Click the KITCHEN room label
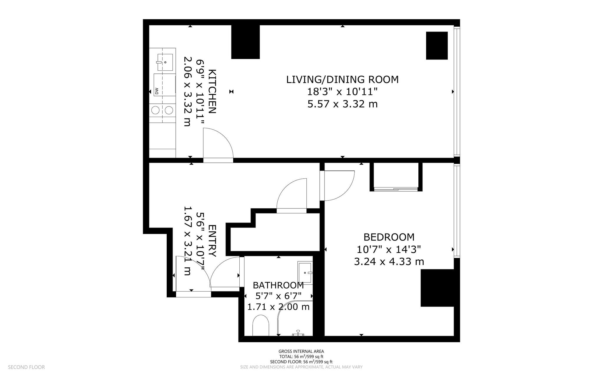(x=212, y=91)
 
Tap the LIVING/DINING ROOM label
(x=342, y=80)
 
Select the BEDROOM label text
(x=389, y=237)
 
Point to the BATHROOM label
(x=278, y=285)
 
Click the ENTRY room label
(x=212, y=241)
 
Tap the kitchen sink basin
(x=165, y=62)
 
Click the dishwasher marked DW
(x=164, y=85)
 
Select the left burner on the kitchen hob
(x=155, y=110)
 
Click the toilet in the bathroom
(x=261, y=325)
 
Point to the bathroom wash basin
(x=305, y=273)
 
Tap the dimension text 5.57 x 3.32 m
(x=342, y=104)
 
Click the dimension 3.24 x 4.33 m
(x=389, y=261)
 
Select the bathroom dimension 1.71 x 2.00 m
(x=278, y=307)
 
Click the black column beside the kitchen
(x=246, y=42)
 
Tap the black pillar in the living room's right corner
(x=437, y=46)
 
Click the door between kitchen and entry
(x=218, y=160)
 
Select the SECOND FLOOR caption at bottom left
(x=26, y=367)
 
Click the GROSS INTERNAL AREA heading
(x=301, y=351)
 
